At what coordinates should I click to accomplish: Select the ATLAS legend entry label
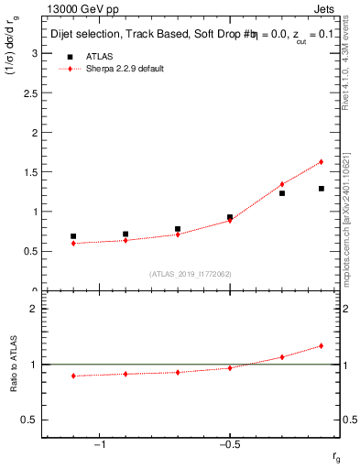click(102, 57)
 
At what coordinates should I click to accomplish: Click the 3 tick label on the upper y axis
click(35, 53)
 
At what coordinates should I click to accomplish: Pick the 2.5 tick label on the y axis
click(30, 93)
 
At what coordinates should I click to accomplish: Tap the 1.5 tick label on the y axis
click(30, 172)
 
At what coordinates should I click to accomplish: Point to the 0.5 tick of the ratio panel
click(30, 420)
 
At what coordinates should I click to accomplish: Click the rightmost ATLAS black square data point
click(322, 189)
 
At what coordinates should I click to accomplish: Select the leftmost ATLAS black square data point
click(73, 236)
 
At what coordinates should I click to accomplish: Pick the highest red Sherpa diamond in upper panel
click(322, 162)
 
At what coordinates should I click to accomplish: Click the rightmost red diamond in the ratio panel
click(322, 345)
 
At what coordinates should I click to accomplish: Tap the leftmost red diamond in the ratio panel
click(73, 376)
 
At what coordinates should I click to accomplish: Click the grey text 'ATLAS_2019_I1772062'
click(191, 274)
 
